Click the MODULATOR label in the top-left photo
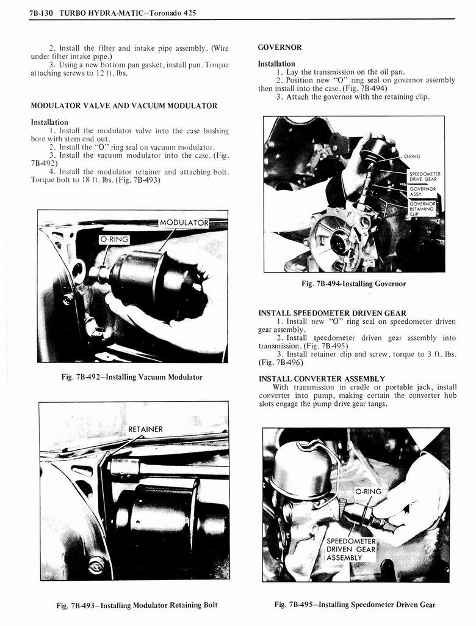[x=184, y=222]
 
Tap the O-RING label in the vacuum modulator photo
[x=114, y=238]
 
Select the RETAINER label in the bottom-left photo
[x=145, y=429]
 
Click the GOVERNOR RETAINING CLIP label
[x=422, y=208]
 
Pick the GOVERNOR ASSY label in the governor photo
[x=422, y=192]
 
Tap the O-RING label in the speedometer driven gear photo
[x=368, y=492]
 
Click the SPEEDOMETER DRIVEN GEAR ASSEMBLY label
[x=351, y=549]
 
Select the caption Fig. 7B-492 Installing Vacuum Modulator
[x=132, y=377]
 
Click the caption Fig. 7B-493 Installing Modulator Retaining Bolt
[x=137, y=605]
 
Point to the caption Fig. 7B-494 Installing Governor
[x=353, y=284]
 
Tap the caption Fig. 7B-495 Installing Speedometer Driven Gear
[x=355, y=605]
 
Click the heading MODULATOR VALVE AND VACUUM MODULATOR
[x=124, y=106]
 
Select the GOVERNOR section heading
[x=279, y=47]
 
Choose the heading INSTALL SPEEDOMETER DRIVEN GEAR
[x=332, y=313]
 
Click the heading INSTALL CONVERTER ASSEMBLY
[x=322, y=378]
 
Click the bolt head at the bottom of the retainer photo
[x=96, y=565]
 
